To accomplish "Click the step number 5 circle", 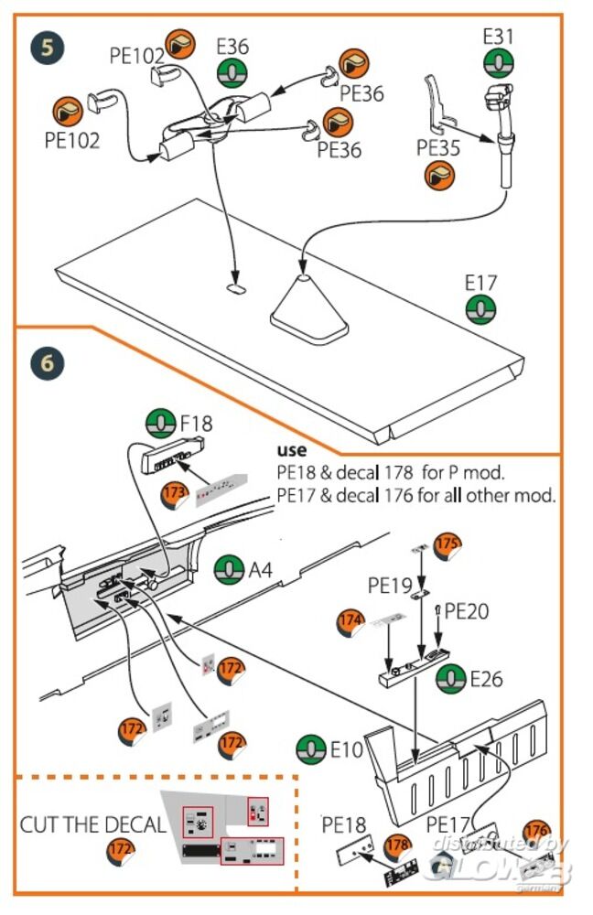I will tap(46, 46).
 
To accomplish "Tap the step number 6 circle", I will tap(47, 363).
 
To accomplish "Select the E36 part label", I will tap(232, 47).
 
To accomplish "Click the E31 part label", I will tap(499, 38).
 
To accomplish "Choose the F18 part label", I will tap(196, 423).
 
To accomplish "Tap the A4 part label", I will tap(261, 571).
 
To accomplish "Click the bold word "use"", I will tap(292, 451).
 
